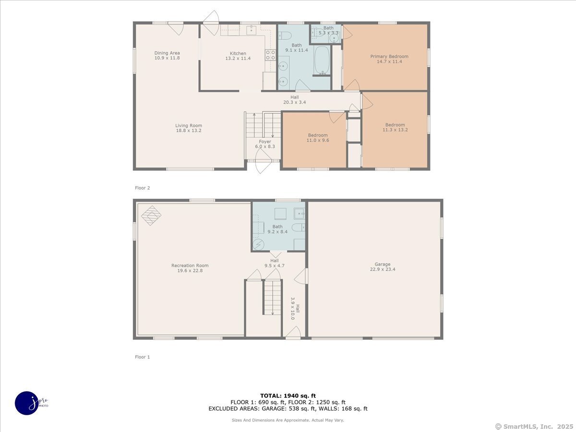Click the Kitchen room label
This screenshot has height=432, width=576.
(x=238, y=53)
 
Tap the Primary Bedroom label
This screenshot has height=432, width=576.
(x=389, y=56)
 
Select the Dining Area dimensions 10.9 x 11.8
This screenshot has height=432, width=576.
(x=167, y=58)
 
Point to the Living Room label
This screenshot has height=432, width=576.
(x=189, y=126)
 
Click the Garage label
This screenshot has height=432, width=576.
(x=383, y=264)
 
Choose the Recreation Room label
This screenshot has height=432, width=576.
(x=190, y=265)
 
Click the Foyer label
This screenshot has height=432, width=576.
(x=265, y=142)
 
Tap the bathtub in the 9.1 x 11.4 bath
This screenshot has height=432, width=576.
(x=322, y=60)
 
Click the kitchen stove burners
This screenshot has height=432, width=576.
(x=270, y=55)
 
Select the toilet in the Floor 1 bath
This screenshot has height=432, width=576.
(x=299, y=227)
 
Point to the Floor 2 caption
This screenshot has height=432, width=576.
(x=143, y=188)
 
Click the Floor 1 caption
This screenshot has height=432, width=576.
(x=143, y=357)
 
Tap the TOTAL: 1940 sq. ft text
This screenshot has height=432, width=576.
(x=288, y=396)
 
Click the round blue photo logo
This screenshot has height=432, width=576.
(x=26, y=403)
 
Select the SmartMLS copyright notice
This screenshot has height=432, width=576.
(x=534, y=426)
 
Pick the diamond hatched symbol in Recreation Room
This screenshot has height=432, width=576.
(x=151, y=216)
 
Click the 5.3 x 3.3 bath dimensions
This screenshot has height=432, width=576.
(x=328, y=33)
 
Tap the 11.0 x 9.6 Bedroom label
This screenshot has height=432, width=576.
(x=318, y=138)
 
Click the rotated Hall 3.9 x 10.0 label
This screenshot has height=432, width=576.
(x=295, y=309)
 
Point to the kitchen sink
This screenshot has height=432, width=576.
(x=252, y=30)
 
